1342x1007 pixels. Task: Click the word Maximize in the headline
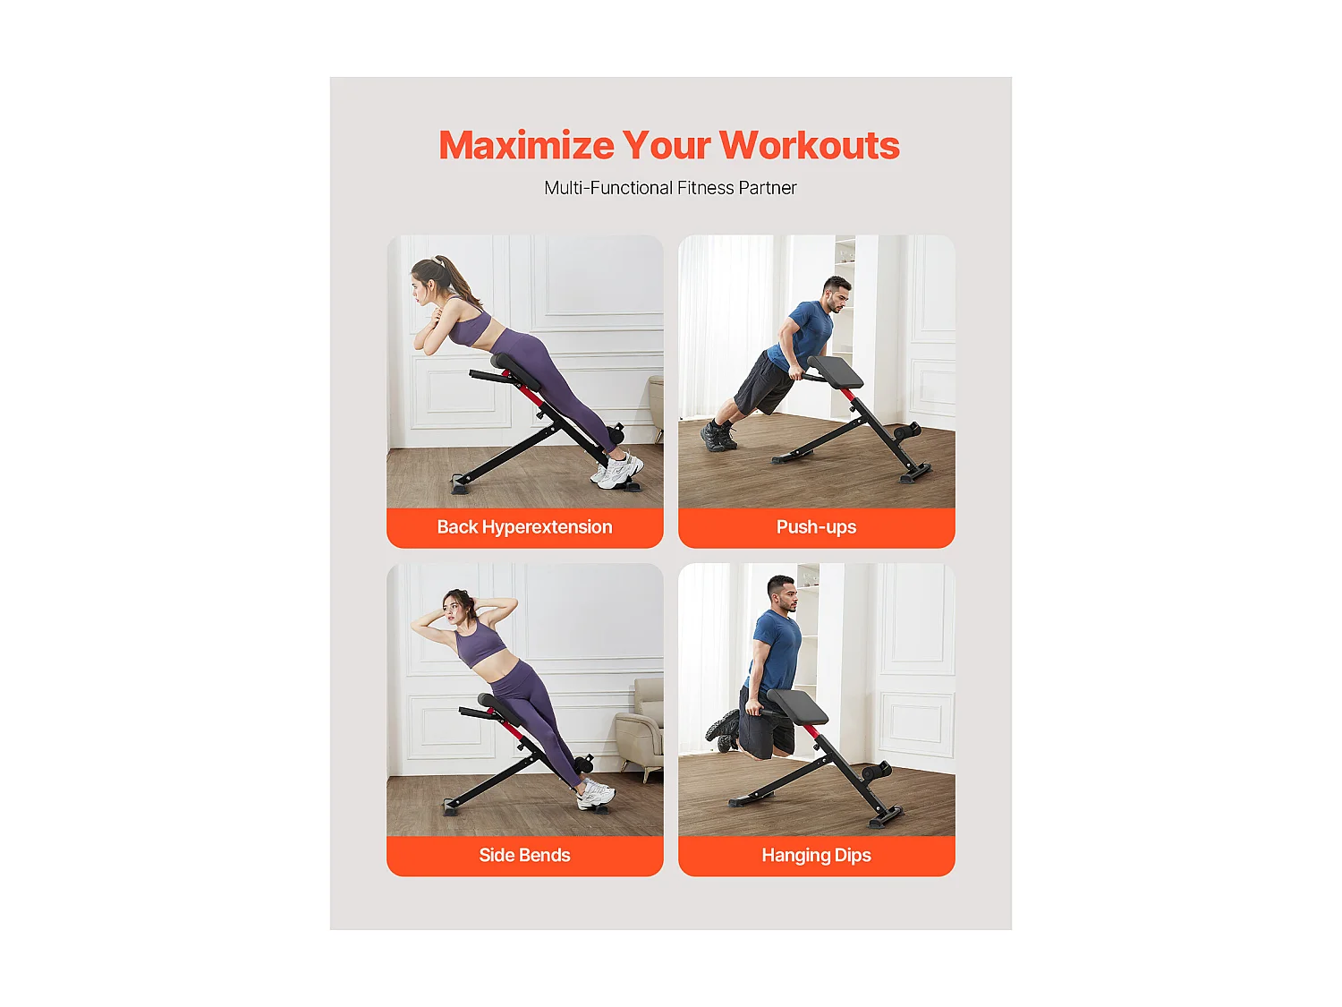click(x=526, y=146)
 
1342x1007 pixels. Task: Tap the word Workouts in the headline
click(x=809, y=146)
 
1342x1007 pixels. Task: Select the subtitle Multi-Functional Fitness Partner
click(x=670, y=188)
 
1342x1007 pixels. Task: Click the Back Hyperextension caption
click(x=524, y=527)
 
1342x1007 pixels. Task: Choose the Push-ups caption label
click(x=816, y=527)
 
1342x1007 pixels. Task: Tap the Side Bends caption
click(x=524, y=855)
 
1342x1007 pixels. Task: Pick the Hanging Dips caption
click(x=816, y=855)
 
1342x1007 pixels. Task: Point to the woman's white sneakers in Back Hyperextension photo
click(x=619, y=471)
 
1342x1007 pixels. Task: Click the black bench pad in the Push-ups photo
click(x=836, y=371)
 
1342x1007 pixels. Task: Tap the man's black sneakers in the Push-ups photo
click(x=718, y=436)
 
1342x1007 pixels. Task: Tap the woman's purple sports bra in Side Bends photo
click(x=479, y=642)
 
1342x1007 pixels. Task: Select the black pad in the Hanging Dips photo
click(x=799, y=706)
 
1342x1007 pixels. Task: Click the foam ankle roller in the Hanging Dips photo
click(x=875, y=772)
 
